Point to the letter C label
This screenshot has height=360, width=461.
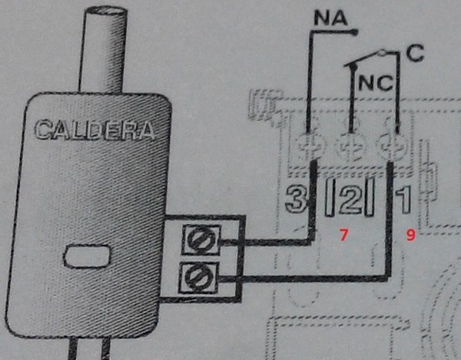[x=415, y=53]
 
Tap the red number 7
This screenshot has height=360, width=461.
[x=345, y=236]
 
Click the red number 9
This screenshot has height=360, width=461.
[x=410, y=236]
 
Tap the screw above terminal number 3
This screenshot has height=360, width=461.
[x=310, y=143]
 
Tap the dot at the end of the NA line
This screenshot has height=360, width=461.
[x=356, y=31]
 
